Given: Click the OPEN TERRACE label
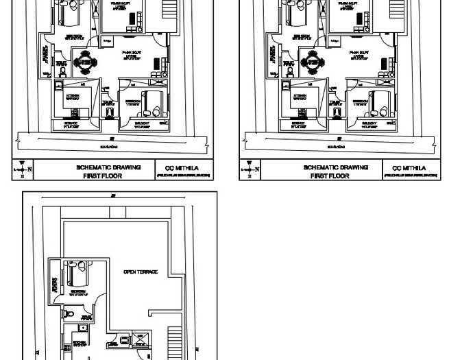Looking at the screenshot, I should (141, 272).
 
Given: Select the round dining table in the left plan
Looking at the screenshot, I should (85, 62).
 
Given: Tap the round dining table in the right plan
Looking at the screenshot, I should (313, 62).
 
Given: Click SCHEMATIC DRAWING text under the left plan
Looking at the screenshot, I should (108, 167).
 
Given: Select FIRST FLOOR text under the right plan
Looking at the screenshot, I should (330, 176).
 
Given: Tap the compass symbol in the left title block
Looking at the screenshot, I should (22, 169).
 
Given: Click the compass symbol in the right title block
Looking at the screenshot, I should (250, 169).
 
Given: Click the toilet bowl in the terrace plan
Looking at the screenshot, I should (66, 313).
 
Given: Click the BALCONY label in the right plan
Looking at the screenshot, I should (369, 123).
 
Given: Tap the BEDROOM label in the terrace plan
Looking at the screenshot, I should (77, 291).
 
